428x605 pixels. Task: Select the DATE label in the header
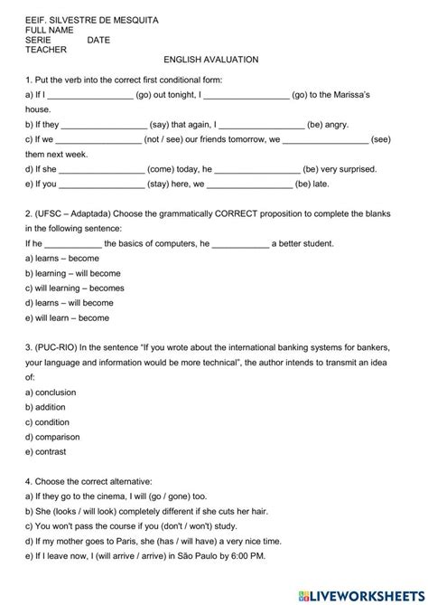coord(99,41)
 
